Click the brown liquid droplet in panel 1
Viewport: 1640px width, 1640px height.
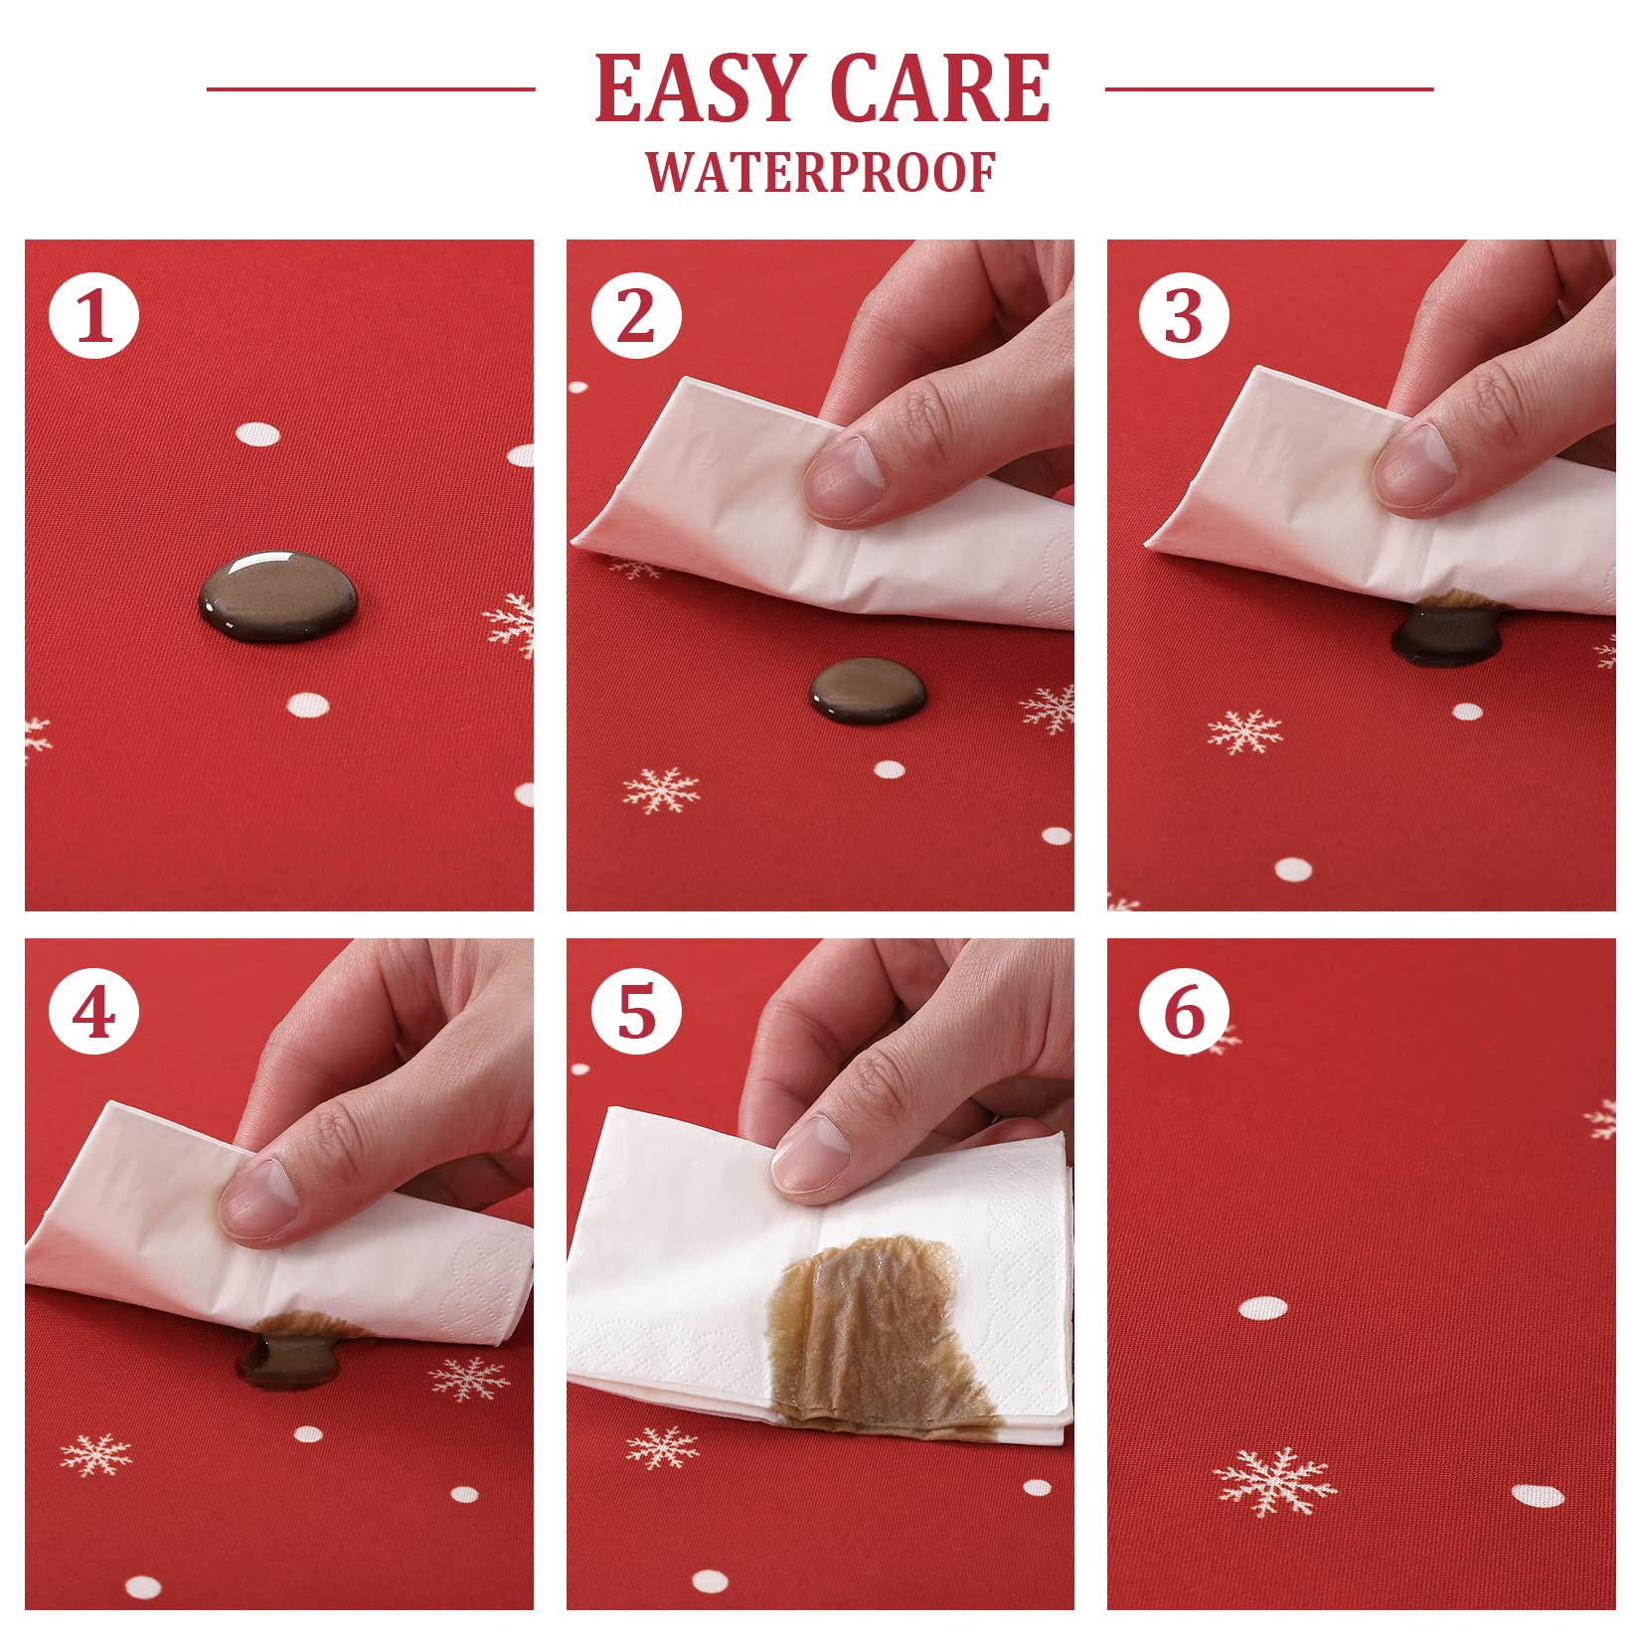point(278,595)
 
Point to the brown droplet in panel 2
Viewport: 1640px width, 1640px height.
point(868,690)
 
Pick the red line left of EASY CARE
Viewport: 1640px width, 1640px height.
point(371,89)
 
